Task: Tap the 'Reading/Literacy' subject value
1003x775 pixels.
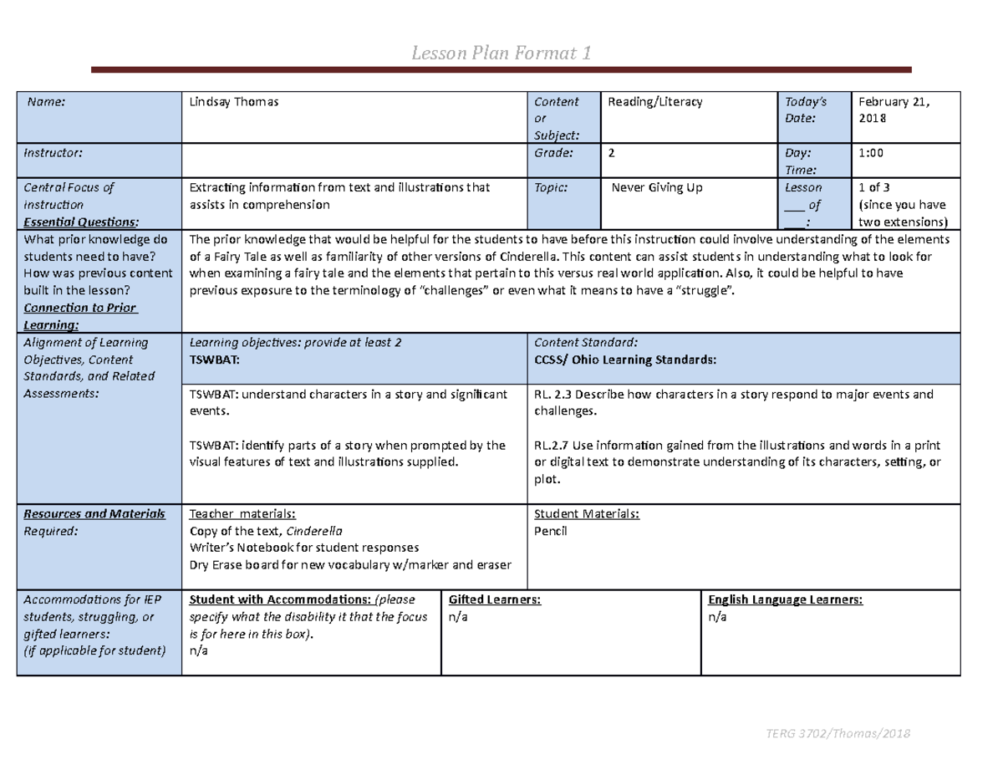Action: (x=654, y=102)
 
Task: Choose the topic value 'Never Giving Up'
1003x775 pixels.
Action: (x=658, y=188)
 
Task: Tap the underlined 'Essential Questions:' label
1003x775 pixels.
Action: (x=82, y=222)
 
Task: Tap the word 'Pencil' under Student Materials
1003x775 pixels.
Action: (x=550, y=531)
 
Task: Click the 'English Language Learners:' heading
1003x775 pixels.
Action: (x=785, y=600)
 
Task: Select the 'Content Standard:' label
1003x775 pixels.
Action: (x=585, y=342)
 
